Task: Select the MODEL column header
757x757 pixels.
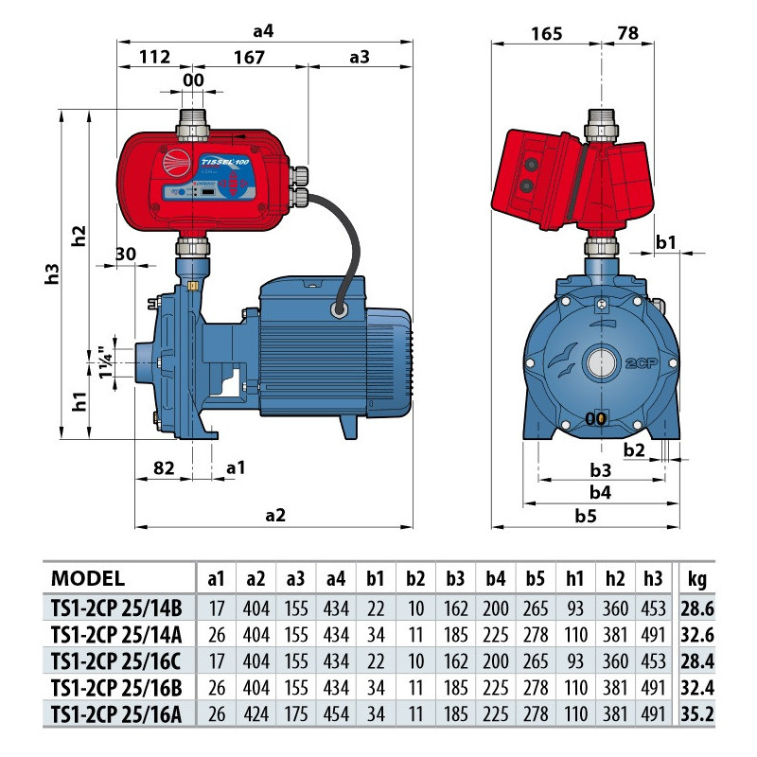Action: pyautogui.click(x=87, y=579)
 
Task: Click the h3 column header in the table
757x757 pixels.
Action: pyautogui.click(x=654, y=579)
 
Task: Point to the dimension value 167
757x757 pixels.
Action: pyautogui.click(x=248, y=57)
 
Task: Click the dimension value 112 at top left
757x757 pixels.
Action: pyautogui.click(x=153, y=57)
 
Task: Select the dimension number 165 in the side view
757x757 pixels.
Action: pyautogui.click(x=546, y=34)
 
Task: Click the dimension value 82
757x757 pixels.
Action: pyautogui.click(x=163, y=468)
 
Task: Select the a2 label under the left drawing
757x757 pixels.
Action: pyautogui.click(x=274, y=515)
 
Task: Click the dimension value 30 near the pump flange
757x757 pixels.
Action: pyautogui.click(x=127, y=255)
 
